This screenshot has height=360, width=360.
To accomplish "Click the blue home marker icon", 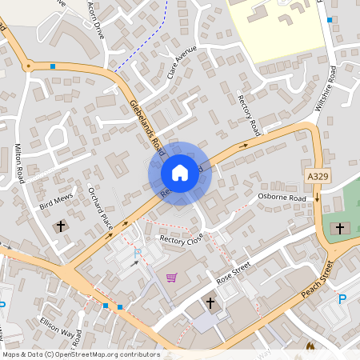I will click(179, 173).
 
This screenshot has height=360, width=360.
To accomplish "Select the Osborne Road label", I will click(282, 198).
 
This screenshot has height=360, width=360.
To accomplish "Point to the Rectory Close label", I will click(182, 239).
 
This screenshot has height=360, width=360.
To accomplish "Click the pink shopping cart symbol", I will click(171, 278).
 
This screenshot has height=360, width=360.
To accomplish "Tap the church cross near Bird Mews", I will click(60, 226).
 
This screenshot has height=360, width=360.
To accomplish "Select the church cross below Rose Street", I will click(210, 303).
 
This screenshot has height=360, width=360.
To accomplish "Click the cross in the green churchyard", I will click(339, 229).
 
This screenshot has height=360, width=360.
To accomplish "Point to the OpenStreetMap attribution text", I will click(82, 354).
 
